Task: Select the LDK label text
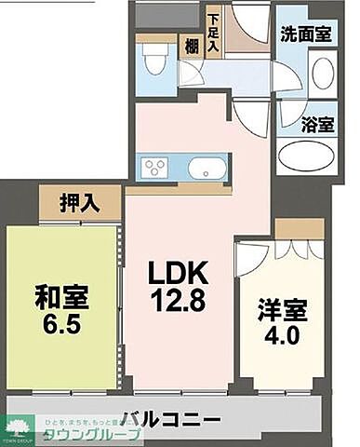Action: coord(180,275)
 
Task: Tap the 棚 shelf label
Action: coord(192,47)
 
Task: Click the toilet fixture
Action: coord(154,62)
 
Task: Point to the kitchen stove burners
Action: coord(154,169)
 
